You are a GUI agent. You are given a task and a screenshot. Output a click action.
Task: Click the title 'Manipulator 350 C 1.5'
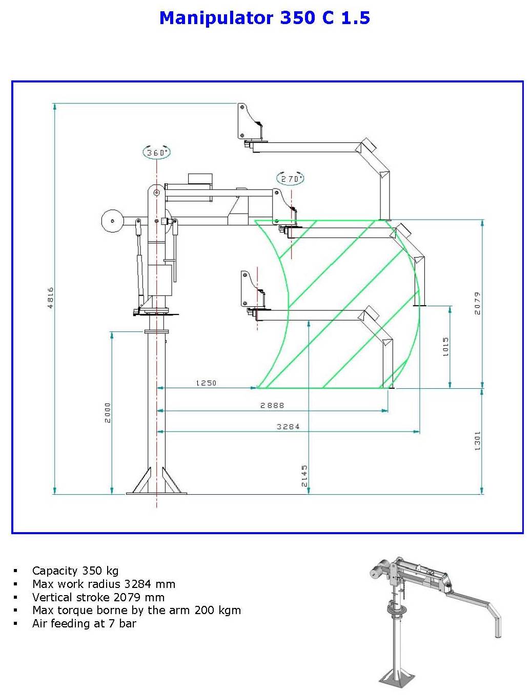click(264, 18)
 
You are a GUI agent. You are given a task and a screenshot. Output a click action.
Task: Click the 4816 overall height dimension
click(50, 298)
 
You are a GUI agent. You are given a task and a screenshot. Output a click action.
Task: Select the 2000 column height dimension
click(108, 412)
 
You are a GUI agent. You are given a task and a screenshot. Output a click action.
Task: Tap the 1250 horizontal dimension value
click(206, 383)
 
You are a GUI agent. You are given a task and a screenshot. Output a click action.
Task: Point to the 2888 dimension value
click(272, 405)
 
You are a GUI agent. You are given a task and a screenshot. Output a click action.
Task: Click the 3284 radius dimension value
click(288, 426)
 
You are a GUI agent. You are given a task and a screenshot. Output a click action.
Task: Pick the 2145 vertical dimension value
click(304, 476)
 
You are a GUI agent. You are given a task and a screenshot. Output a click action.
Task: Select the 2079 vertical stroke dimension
click(478, 303)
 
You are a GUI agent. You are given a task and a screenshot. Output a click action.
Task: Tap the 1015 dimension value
click(446, 347)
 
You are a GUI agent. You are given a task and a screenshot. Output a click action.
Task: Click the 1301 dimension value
click(478, 440)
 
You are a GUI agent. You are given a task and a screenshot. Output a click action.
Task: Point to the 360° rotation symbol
click(156, 153)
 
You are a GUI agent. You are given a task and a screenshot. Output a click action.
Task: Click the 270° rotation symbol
click(291, 179)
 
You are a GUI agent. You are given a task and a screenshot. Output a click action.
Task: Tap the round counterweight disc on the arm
click(112, 221)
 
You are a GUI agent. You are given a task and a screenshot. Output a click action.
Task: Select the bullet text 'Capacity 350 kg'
click(75, 571)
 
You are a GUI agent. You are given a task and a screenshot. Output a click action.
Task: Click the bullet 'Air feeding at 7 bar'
click(84, 623)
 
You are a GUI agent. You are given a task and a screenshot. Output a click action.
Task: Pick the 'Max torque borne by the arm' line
click(136, 610)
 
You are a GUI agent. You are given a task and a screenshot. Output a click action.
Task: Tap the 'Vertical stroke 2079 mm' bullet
click(98, 597)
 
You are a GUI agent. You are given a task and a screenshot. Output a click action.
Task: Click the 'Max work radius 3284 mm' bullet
click(104, 584)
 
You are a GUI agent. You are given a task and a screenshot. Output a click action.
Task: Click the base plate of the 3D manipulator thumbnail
click(395, 679)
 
